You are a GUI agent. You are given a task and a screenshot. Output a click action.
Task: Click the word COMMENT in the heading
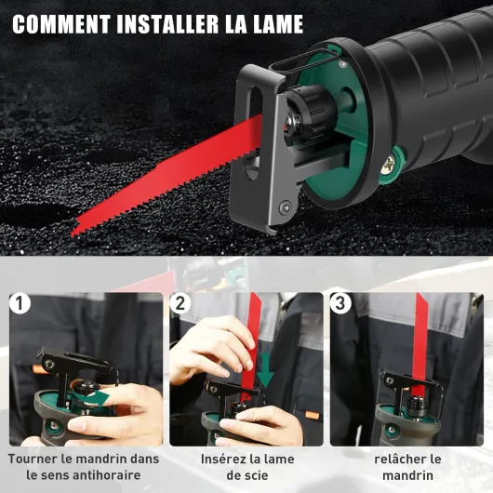coord(61,24)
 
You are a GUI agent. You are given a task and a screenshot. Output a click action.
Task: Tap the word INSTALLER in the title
coord(167,24)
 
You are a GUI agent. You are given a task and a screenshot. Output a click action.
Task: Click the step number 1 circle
coord(20,303)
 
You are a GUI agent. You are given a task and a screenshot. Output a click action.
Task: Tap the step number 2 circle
coord(180,303)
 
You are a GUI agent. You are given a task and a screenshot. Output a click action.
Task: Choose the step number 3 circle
coord(340,303)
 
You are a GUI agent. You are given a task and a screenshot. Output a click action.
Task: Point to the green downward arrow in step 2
coord(265,370)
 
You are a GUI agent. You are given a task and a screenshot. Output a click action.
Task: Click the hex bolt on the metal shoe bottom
coord(286,207)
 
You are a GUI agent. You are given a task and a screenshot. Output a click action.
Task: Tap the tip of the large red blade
coord(72,234)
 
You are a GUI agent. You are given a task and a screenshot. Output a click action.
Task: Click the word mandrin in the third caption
coord(407,475)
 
